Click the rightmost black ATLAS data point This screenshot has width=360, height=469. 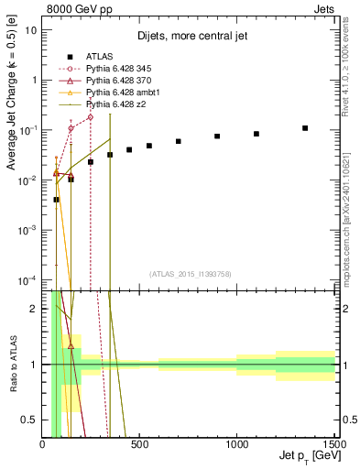click(x=305, y=128)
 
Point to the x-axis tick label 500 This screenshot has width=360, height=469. click(x=139, y=445)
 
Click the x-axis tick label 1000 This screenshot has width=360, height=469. click(x=236, y=445)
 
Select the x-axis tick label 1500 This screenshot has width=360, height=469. click(x=333, y=445)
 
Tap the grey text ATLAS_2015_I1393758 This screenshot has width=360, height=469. click(x=190, y=274)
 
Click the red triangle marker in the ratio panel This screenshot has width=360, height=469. click(x=71, y=346)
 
